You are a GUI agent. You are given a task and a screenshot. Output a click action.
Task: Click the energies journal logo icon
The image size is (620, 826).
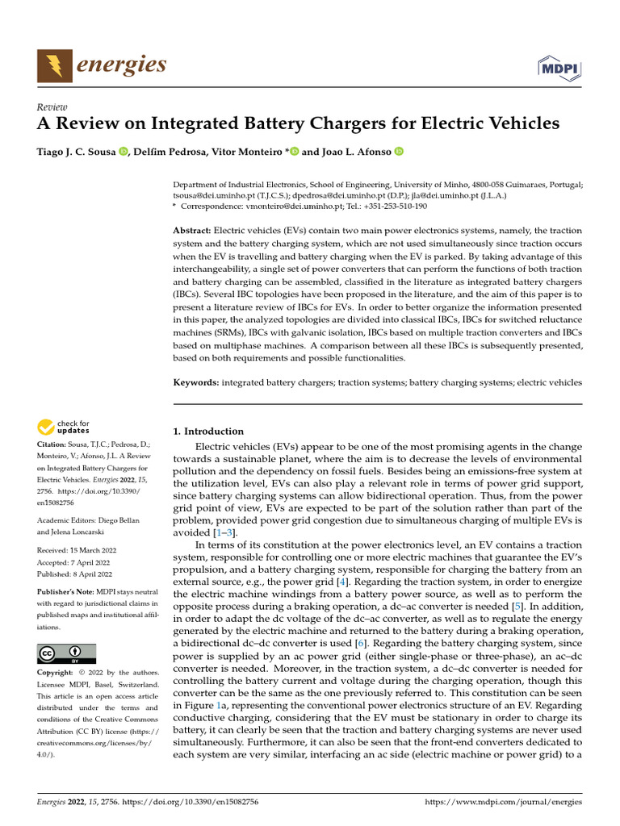(53, 65)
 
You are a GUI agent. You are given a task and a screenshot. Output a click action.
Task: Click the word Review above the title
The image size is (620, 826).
(52, 107)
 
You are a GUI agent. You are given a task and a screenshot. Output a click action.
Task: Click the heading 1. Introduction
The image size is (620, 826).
(208, 432)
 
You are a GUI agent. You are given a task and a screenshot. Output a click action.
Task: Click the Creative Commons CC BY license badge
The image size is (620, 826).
(66, 654)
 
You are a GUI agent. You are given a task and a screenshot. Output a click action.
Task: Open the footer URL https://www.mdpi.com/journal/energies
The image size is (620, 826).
(503, 803)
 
